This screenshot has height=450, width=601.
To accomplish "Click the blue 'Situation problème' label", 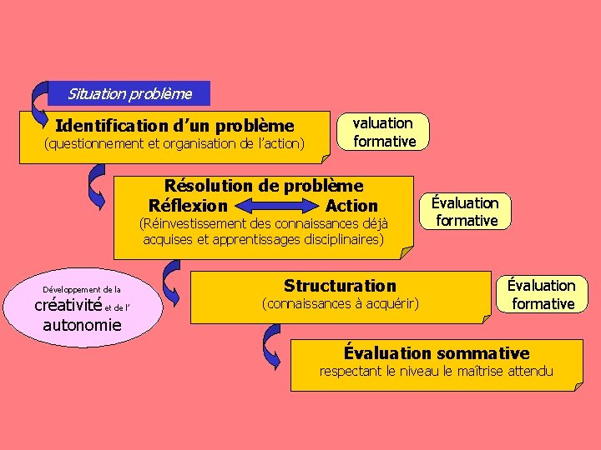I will point(129,93).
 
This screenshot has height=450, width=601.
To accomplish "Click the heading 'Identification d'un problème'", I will point(174,126).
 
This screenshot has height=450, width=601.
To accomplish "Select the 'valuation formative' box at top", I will point(383,132).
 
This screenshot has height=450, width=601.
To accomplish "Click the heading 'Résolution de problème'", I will point(264,185).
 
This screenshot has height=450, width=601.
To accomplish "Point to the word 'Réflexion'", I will point(188,205).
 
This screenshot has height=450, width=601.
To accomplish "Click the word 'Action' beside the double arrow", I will point(351,205).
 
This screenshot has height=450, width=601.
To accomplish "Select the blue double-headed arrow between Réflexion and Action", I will point(276,206).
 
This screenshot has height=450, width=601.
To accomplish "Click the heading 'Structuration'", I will point(340,286).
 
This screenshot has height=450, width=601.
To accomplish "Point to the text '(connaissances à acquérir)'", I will point(340,303).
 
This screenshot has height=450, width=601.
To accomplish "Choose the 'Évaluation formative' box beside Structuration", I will point(543,294).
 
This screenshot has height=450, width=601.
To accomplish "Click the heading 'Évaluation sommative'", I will point(437,353).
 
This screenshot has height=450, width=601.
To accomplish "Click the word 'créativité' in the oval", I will point(67,306).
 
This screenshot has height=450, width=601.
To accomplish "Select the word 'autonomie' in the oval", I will point(81,324).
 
